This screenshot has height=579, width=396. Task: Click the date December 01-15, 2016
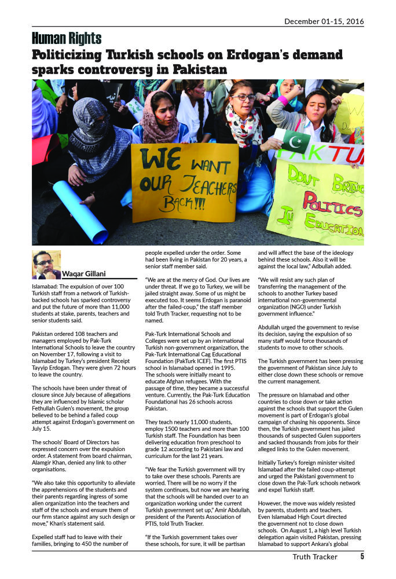(324, 21)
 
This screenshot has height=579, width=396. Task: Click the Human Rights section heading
(67, 39)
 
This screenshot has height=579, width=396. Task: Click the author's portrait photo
(46, 265)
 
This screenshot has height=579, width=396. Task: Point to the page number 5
(362, 557)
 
